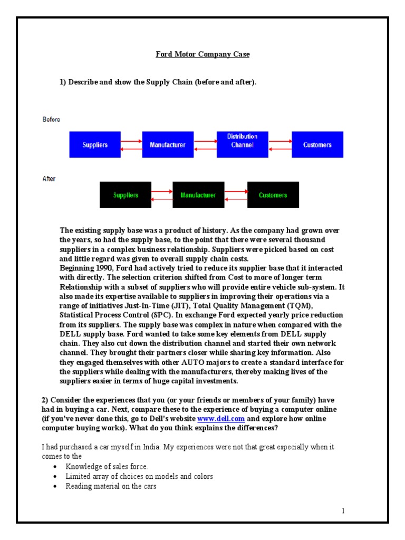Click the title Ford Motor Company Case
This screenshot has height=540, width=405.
coord(202,54)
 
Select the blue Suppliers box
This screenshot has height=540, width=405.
coord(95,144)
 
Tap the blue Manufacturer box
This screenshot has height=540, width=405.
coord(168,144)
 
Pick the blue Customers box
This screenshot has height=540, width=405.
coord(317,144)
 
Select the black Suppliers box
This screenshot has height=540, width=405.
coord(126,195)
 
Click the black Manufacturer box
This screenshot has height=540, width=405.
coord(198,195)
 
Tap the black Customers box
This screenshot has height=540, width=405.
coord(273,195)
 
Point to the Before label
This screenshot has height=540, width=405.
coord(51,120)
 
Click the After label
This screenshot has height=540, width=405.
coord(49,179)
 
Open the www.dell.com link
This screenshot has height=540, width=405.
coord(221,418)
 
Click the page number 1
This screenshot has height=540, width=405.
coord(343,510)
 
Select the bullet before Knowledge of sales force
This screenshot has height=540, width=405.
coord(56,467)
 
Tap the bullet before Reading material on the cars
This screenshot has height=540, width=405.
coord(56,487)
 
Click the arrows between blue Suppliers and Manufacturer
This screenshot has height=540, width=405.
coord(131,145)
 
